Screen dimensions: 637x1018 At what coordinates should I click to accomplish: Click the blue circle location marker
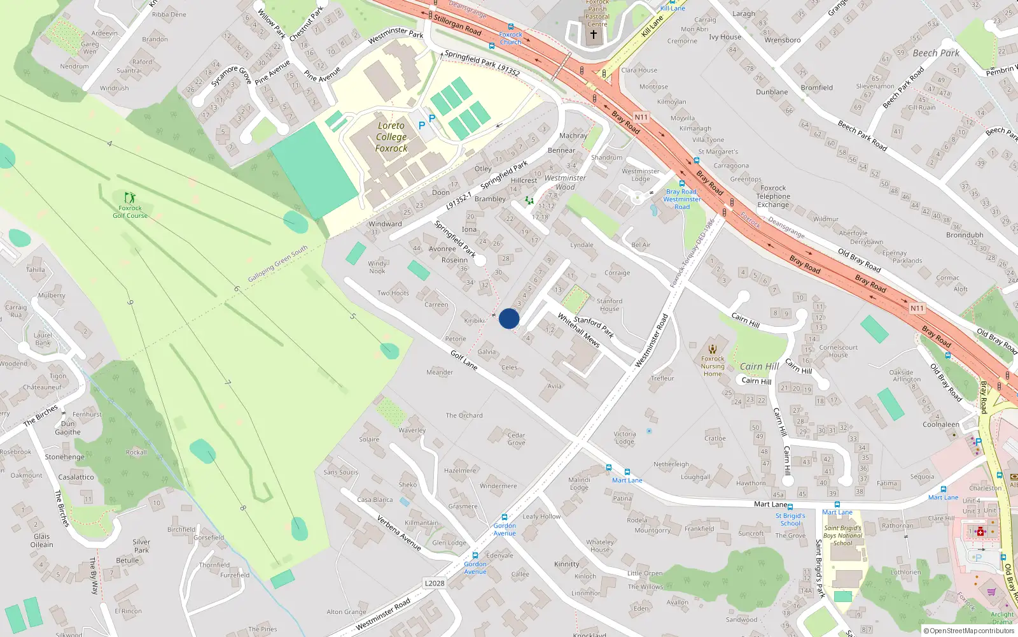pos(509,318)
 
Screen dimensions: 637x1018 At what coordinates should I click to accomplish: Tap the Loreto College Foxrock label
pos(391,137)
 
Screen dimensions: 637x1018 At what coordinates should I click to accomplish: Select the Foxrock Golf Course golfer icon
pos(130,197)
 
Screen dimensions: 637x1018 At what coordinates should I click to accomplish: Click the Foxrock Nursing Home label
pos(713,366)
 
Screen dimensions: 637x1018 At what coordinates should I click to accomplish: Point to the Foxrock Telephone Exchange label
pos(773,196)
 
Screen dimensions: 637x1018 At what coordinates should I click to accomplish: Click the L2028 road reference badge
pos(435,583)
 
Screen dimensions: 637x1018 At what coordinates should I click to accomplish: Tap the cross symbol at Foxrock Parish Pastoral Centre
pos(594,34)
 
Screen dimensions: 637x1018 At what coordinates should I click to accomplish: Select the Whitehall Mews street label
pos(578,329)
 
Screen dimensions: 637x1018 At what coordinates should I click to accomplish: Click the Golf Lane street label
pos(464,360)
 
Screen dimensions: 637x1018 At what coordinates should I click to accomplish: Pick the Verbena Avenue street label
pos(399,533)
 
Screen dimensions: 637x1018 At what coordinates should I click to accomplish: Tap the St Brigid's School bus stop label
pos(790,519)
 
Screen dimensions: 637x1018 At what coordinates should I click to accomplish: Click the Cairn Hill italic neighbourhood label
pos(759,366)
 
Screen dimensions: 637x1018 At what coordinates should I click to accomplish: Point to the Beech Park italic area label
pos(936,53)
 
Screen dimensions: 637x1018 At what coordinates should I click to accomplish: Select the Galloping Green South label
pos(277,264)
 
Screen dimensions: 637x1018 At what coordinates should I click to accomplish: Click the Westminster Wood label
pos(565,182)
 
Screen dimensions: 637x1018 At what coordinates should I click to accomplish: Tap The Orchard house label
pos(464,415)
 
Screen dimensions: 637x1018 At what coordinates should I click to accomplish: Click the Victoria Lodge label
pos(625,438)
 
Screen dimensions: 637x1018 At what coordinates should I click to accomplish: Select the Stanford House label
pos(610,304)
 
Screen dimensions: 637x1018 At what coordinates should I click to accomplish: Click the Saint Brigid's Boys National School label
pos(842,535)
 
